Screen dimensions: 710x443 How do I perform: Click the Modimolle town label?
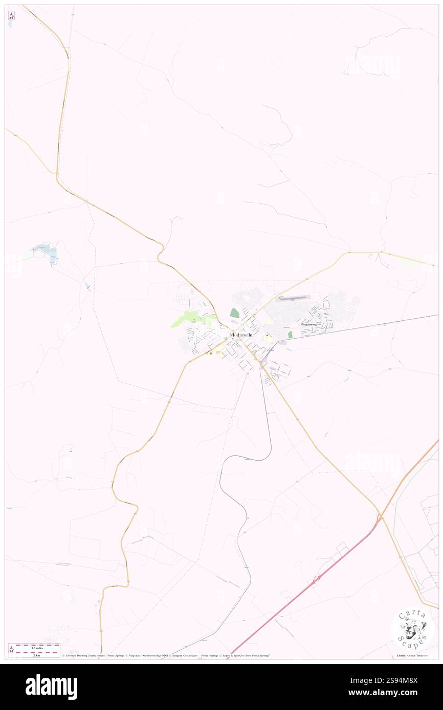[241, 335]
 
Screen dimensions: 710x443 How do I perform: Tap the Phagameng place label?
[309, 324]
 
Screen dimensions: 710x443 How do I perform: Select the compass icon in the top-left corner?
[11, 15]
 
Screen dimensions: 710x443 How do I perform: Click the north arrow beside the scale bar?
[11, 649]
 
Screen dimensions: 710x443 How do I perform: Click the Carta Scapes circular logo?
[412, 629]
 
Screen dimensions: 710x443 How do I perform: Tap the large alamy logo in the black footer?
[51, 687]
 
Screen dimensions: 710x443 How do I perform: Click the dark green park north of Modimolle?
[234, 313]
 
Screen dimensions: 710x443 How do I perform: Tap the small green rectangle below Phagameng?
[290, 335]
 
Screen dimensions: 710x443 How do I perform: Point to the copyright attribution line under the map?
[166, 655]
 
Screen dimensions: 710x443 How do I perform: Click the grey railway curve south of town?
[240, 457]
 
